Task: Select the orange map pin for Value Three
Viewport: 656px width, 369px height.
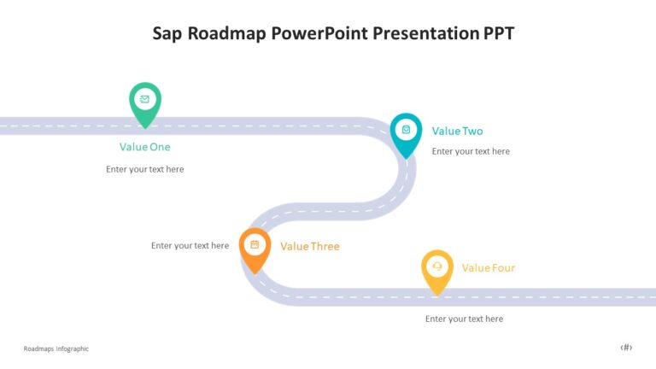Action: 255,249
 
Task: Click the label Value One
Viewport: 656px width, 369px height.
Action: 144,147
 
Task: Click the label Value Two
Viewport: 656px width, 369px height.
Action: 457,131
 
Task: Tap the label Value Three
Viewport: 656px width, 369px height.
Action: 309,246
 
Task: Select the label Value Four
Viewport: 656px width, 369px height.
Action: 488,267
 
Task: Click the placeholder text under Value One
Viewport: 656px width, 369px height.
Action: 144,169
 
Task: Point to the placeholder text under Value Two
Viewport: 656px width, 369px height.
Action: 471,151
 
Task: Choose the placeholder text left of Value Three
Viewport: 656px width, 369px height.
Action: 190,245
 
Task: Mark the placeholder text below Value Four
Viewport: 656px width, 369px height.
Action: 464,319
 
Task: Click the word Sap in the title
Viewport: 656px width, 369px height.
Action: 167,33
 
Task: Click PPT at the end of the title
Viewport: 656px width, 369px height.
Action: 498,33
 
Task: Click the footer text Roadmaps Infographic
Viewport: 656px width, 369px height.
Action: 56,348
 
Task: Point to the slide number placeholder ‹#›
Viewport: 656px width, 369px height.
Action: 626,347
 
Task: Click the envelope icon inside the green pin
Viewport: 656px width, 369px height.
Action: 145,99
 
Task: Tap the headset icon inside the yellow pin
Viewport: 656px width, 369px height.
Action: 437,266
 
